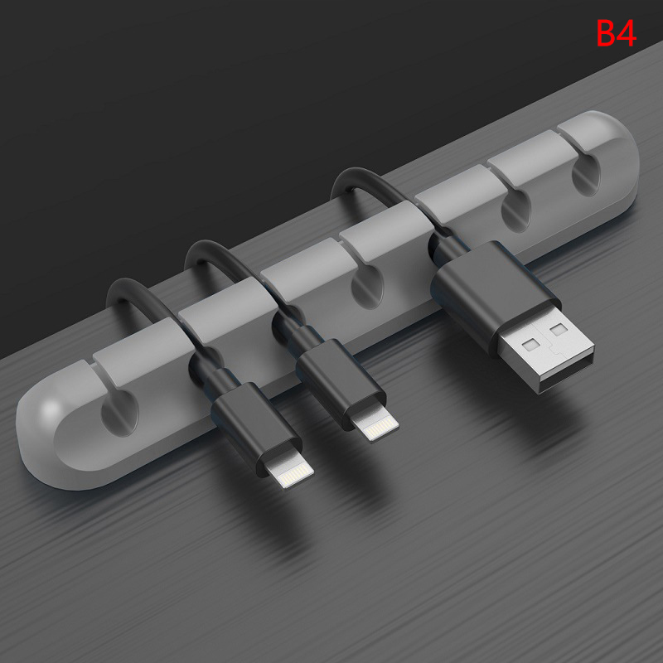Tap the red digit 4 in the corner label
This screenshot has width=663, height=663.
[627, 33]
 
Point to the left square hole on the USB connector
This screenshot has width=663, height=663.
[531, 345]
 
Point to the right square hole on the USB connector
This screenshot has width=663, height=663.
[558, 329]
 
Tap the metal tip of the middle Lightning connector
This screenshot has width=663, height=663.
[375, 426]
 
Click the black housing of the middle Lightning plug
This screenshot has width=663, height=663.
[341, 384]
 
